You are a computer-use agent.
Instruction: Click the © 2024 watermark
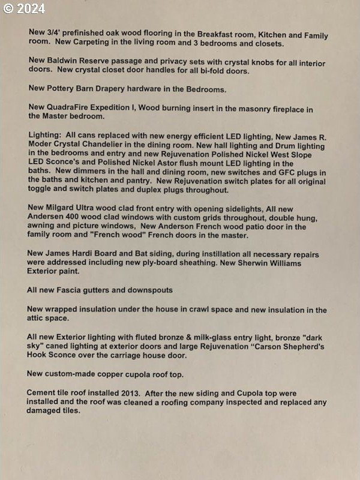(24, 8)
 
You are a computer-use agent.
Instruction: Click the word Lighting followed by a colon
(45, 136)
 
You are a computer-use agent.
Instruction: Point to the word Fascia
(78, 290)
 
